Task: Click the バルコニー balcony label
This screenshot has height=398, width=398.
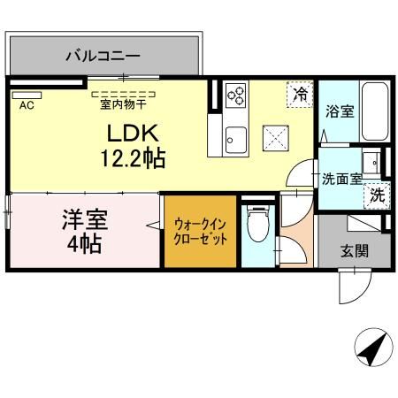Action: pyautogui.click(x=103, y=57)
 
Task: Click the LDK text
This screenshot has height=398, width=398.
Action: pyautogui.click(x=134, y=135)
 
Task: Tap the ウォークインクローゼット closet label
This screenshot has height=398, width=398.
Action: pyautogui.click(x=201, y=231)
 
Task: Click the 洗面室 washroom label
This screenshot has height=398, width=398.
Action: pyautogui.click(x=341, y=178)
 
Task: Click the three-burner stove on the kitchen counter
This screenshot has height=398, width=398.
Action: pyautogui.click(x=236, y=95)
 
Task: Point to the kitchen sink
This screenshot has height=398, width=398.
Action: pyautogui.click(x=235, y=138)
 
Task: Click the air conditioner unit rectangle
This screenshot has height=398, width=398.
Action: pyautogui.click(x=27, y=92)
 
